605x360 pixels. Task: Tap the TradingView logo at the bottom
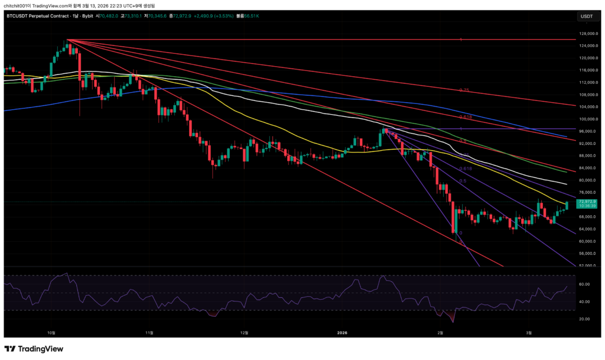tap(34, 349)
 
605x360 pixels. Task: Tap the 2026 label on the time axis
tap(341, 333)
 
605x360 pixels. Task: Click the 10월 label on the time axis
tap(52, 333)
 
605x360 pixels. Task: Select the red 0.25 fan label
tap(464, 90)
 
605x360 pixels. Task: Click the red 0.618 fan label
tap(465, 117)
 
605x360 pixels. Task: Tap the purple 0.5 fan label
tap(463, 181)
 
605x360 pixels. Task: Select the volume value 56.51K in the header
tap(253, 17)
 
